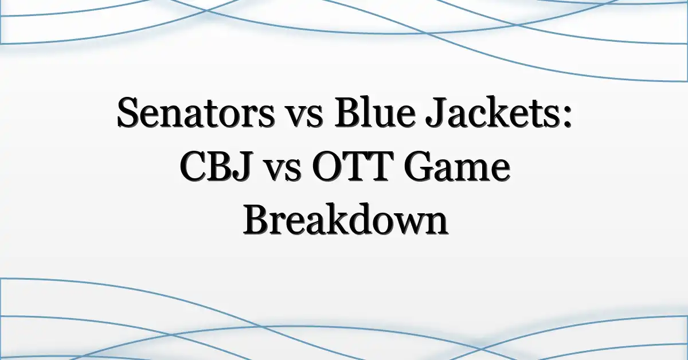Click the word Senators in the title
tap(196, 113)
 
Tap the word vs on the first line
tap(304, 118)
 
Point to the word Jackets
tap(491, 113)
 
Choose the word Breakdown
tap(345, 219)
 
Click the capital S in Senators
tap(128, 113)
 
